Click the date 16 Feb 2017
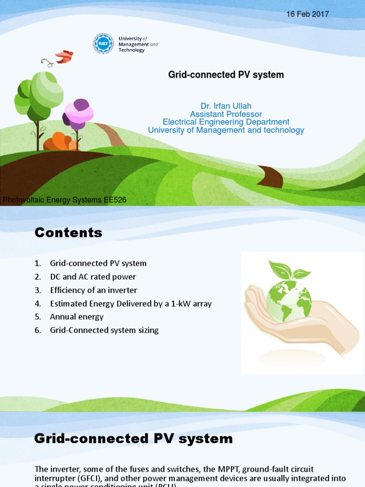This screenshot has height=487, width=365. pos(307,14)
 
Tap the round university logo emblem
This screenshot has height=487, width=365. pos(103,44)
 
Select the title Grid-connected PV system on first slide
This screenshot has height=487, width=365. pos(226,75)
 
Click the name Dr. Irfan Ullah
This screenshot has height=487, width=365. pos(226,106)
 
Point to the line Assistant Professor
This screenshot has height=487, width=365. pos(226,114)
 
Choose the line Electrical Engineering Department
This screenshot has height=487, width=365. pos(226,122)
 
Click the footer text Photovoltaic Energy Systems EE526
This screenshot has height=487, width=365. pos(65,200)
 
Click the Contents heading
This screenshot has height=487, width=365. pos(68,233)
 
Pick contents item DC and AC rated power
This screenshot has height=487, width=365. pos(93,277)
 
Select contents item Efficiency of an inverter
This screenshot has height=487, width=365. pos(94,290)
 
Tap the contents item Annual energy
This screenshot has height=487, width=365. pos(77,317)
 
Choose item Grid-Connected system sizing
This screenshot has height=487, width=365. pos(104,330)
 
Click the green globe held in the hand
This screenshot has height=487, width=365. pos(288,301)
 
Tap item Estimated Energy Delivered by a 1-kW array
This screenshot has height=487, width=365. pos(131,303)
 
